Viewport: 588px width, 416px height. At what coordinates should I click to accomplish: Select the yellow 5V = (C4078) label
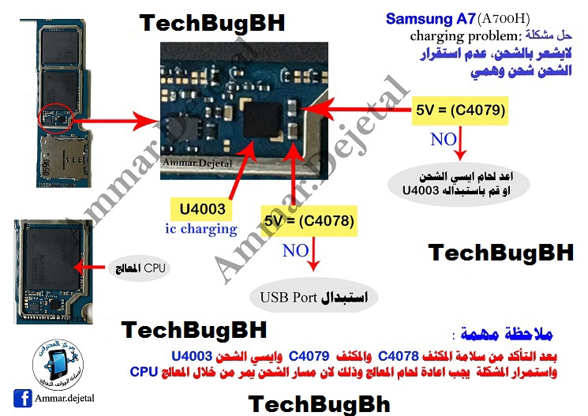pyautogui.click(x=309, y=219)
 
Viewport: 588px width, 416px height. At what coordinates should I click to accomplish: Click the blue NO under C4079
pyautogui.click(x=443, y=140)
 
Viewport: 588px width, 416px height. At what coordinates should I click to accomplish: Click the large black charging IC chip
pyautogui.click(x=266, y=124)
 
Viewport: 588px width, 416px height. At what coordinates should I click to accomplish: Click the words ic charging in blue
pyautogui.click(x=200, y=229)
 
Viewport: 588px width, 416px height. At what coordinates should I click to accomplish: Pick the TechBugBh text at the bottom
pyautogui.click(x=318, y=403)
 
